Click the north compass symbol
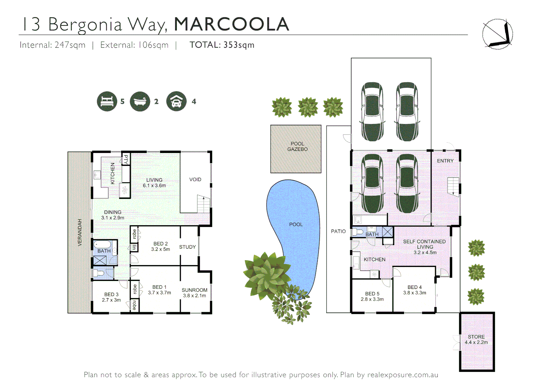pyautogui.click(x=498, y=34)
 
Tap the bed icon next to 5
pyautogui.click(x=107, y=101)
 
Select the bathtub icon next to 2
pyautogui.click(x=140, y=101)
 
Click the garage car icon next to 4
pyautogui.click(x=176, y=101)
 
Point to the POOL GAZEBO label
pyautogui.click(x=297, y=146)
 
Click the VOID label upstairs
pyautogui.click(x=195, y=179)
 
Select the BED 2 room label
pyautogui.click(x=160, y=246)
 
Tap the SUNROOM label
pyautogui.click(x=194, y=292)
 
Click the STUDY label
pyautogui.click(x=187, y=247)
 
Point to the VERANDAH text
pyautogui.click(x=80, y=232)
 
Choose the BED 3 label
pyautogui.click(x=111, y=297)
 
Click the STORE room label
pyautogui.click(x=476, y=339)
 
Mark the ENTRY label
pyautogui.click(x=445, y=161)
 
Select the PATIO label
pyautogui.click(x=338, y=231)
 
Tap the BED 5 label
pyautogui.click(x=372, y=296)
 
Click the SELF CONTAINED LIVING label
pyautogui.click(x=424, y=246)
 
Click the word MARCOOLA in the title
pyautogui.click(x=231, y=24)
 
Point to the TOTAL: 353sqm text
pyautogui.click(x=222, y=45)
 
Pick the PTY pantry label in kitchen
pyautogui.click(x=126, y=159)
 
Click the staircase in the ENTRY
pyautogui.click(x=453, y=186)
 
